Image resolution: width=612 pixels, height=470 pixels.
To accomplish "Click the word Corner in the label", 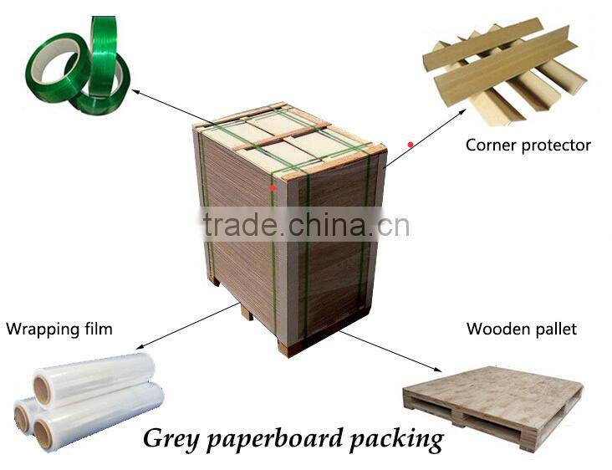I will pos(491,146).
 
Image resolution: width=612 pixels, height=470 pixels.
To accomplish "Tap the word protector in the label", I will pos(556,146).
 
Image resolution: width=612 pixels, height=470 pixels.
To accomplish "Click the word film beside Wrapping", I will pos(98,329).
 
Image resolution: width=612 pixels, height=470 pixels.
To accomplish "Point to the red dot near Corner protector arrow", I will pos(411,144).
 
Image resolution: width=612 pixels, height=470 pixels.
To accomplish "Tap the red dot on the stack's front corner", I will pos(273,187).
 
